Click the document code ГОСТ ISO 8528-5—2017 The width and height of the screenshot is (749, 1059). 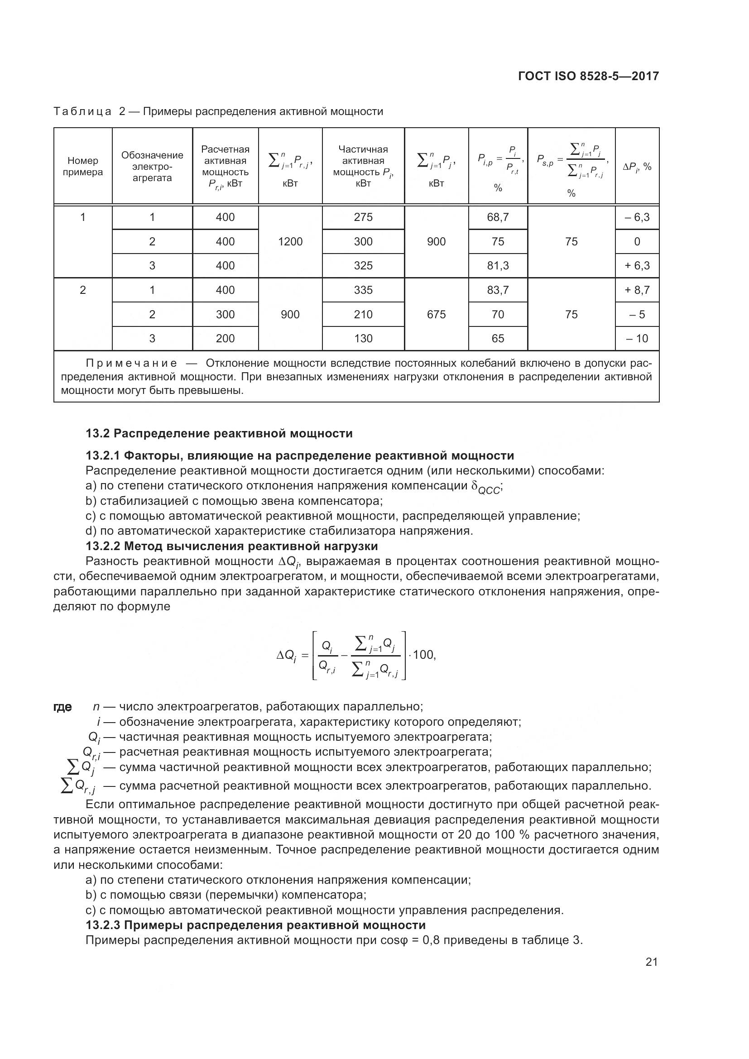[588, 76]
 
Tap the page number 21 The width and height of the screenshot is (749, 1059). [651, 962]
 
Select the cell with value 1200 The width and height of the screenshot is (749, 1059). [290, 241]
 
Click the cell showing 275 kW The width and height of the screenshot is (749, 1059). [363, 217]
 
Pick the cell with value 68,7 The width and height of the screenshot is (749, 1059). [498, 217]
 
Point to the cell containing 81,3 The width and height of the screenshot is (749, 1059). [498, 266]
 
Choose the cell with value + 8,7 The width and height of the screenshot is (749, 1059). [637, 290]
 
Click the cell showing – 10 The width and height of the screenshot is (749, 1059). [637, 339]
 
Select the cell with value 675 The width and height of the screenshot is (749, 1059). [436, 315]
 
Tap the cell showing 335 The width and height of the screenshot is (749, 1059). [363, 290]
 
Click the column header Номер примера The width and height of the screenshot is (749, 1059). [83, 167]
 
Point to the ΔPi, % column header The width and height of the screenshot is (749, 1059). [637, 167]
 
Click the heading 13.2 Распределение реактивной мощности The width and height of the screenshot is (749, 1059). [219, 434]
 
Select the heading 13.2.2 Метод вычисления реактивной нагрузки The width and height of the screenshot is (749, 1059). [231, 546]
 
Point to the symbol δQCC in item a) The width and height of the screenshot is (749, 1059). [486, 488]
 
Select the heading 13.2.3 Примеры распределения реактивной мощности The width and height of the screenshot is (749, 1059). [255, 925]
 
